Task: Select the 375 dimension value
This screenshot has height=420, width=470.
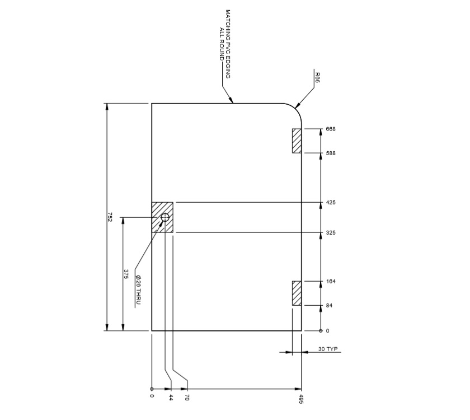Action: click(126, 274)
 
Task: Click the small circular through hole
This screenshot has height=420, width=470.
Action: click(165, 217)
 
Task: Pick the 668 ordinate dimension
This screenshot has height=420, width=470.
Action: click(330, 129)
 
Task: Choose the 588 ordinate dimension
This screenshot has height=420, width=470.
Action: click(330, 153)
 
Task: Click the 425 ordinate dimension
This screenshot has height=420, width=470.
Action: click(330, 202)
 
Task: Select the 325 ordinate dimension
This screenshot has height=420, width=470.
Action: click(330, 232)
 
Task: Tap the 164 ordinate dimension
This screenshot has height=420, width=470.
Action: click(330, 281)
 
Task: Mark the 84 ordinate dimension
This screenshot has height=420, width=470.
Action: click(329, 306)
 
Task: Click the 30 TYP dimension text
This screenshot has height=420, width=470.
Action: click(328, 349)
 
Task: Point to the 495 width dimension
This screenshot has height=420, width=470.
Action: click(301, 399)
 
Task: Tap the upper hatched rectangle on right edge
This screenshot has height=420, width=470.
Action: click(297, 141)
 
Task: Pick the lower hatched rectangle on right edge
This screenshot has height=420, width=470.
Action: click(297, 293)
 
